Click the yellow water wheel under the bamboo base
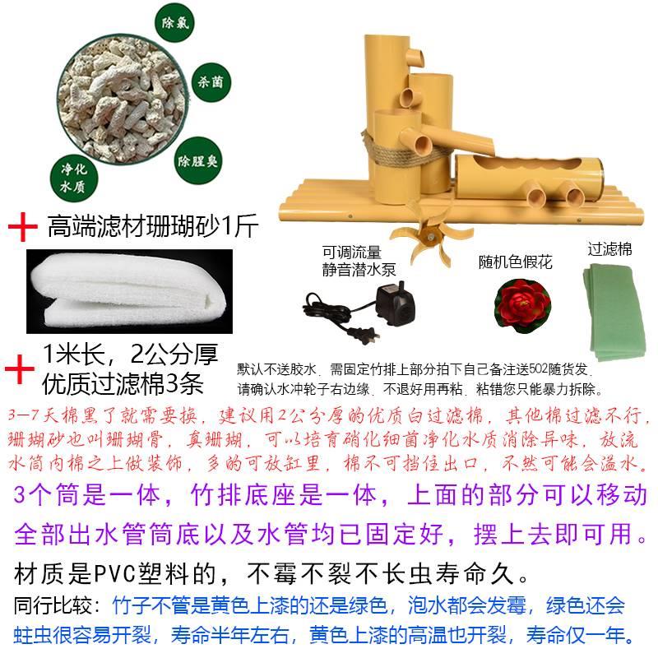click(424, 235)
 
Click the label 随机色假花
click(515, 262)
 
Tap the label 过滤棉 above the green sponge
click(609, 248)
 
